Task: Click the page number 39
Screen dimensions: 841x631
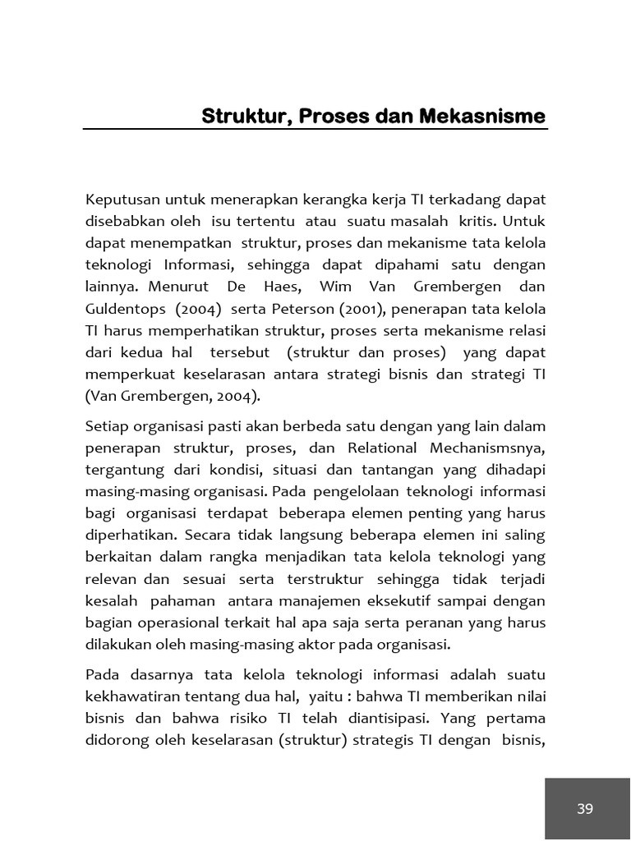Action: [585, 809]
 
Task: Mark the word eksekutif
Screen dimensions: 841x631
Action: [411, 600]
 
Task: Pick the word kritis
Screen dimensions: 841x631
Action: [474, 222]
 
